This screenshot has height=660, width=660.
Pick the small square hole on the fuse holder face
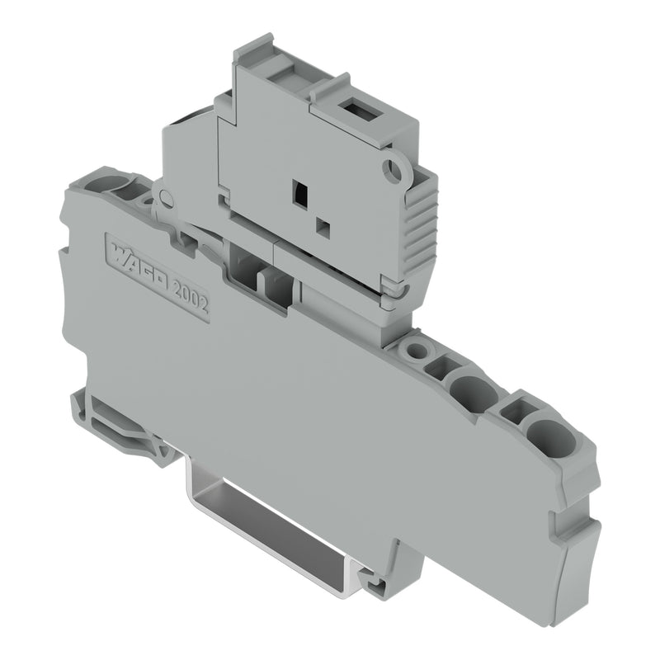pyautogui.click(x=324, y=229)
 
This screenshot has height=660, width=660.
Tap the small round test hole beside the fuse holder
pyautogui.click(x=417, y=353)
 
